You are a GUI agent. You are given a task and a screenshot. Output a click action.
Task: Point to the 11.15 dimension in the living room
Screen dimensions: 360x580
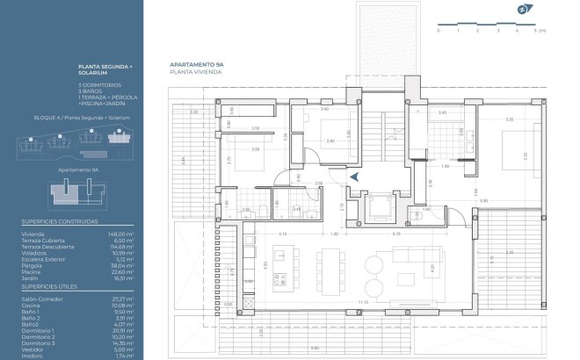(363, 303)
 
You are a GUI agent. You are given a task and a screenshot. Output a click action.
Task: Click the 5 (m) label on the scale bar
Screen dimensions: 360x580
(541, 31)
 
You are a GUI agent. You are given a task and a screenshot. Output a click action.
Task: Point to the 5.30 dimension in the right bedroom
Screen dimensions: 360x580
(525, 155)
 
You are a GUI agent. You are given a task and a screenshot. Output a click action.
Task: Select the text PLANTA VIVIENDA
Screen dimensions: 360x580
(195, 73)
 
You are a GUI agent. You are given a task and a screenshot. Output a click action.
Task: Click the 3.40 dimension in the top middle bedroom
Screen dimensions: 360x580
(324, 110)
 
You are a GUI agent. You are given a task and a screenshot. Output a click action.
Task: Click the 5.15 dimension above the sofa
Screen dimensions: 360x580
(396, 234)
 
